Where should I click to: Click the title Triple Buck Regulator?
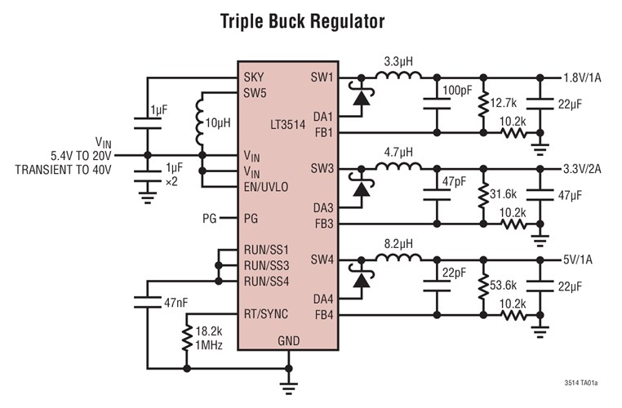302,20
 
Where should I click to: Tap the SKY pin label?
254,78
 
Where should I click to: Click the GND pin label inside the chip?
290,340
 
